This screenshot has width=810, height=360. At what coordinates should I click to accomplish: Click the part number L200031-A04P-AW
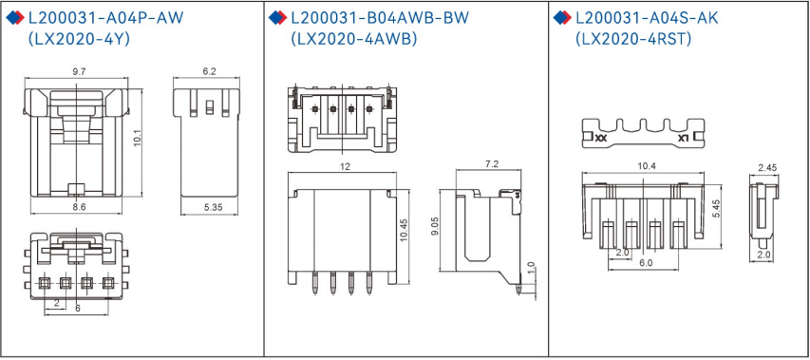[x=105, y=17]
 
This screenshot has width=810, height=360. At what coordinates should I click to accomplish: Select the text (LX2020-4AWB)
[x=352, y=39]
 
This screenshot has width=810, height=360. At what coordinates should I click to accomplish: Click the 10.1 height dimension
[x=137, y=139]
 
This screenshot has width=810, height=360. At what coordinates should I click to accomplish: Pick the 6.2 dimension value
[x=209, y=72]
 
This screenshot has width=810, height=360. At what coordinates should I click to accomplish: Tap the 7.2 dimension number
[x=492, y=165]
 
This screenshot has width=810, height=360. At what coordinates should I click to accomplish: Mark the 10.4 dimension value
[x=647, y=166]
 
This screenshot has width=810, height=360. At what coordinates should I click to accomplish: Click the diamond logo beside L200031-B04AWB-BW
[x=276, y=18]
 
